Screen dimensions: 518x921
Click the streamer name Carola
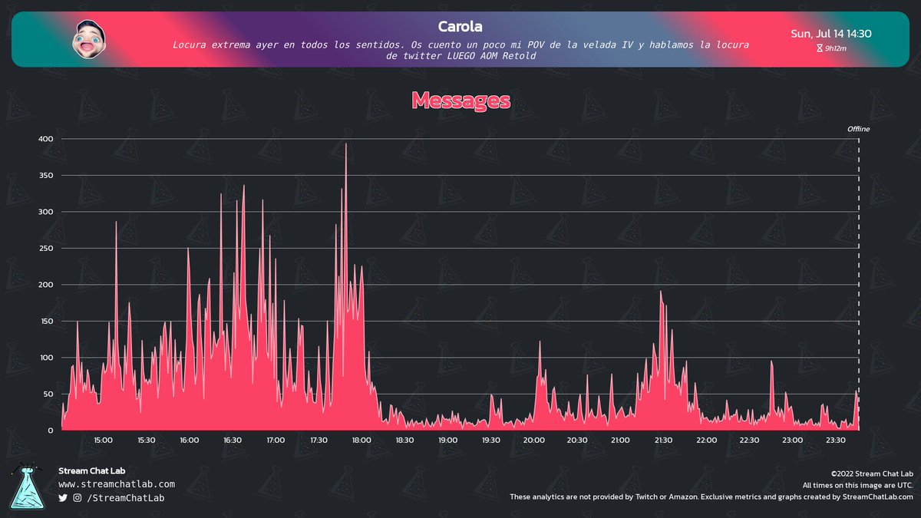click(460, 27)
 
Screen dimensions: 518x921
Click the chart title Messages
click(460, 100)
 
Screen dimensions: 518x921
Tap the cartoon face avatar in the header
click(88, 38)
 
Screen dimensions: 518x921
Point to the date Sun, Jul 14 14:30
click(830, 34)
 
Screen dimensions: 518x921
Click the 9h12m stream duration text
click(835, 48)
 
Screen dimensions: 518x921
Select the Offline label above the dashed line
click(858, 129)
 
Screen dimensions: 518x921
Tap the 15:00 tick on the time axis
click(104, 440)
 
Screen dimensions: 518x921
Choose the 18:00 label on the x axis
click(361, 440)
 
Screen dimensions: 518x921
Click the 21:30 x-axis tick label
click(663, 440)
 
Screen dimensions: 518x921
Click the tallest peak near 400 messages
click(346, 144)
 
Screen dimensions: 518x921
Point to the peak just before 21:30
click(660, 292)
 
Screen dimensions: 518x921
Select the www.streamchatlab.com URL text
click(117, 484)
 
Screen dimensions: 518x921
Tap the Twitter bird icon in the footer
click(63, 499)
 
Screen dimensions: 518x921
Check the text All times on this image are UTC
click(857, 485)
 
